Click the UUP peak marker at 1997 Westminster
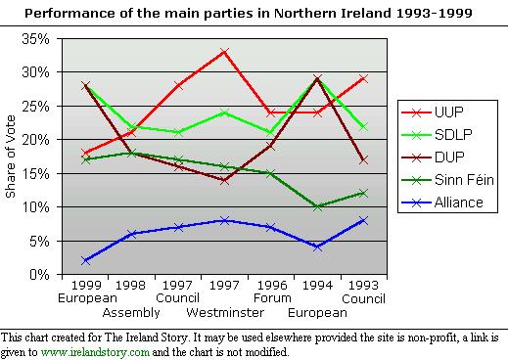[225, 51]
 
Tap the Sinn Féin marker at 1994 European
[317, 206]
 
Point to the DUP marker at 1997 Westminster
[225, 180]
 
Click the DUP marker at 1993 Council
[363, 159]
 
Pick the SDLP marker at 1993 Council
[363, 126]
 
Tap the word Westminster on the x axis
[225, 312]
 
